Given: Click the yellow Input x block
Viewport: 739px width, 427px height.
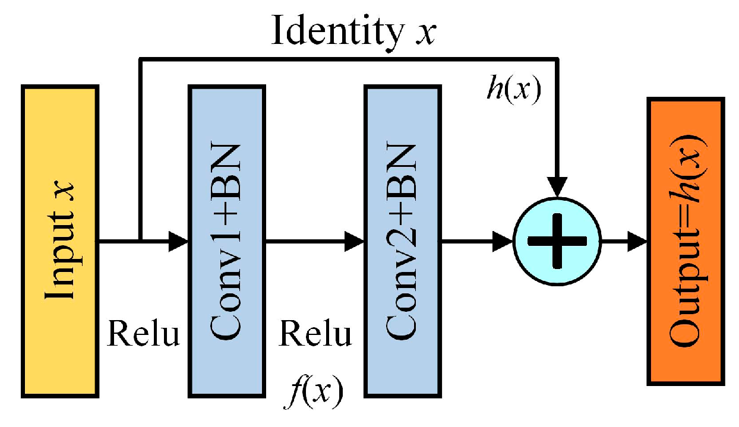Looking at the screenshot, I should [60, 241].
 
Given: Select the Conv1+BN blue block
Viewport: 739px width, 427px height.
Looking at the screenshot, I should [226, 241].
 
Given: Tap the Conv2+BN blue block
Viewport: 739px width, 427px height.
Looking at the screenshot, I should [403, 241].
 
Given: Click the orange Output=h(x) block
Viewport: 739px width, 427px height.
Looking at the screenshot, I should [686, 241].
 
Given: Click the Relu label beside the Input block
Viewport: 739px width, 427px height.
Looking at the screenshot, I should [143, 334].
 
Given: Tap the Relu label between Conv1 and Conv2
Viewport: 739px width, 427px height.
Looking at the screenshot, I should [315, 334].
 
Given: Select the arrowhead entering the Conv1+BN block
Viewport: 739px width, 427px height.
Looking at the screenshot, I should [178, 241].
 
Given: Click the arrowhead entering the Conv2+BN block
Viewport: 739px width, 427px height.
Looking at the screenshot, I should [355, 241].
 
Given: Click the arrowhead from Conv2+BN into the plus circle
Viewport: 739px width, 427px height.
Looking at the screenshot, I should [503, 241].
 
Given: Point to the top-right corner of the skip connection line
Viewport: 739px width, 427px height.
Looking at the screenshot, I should [557, 59].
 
